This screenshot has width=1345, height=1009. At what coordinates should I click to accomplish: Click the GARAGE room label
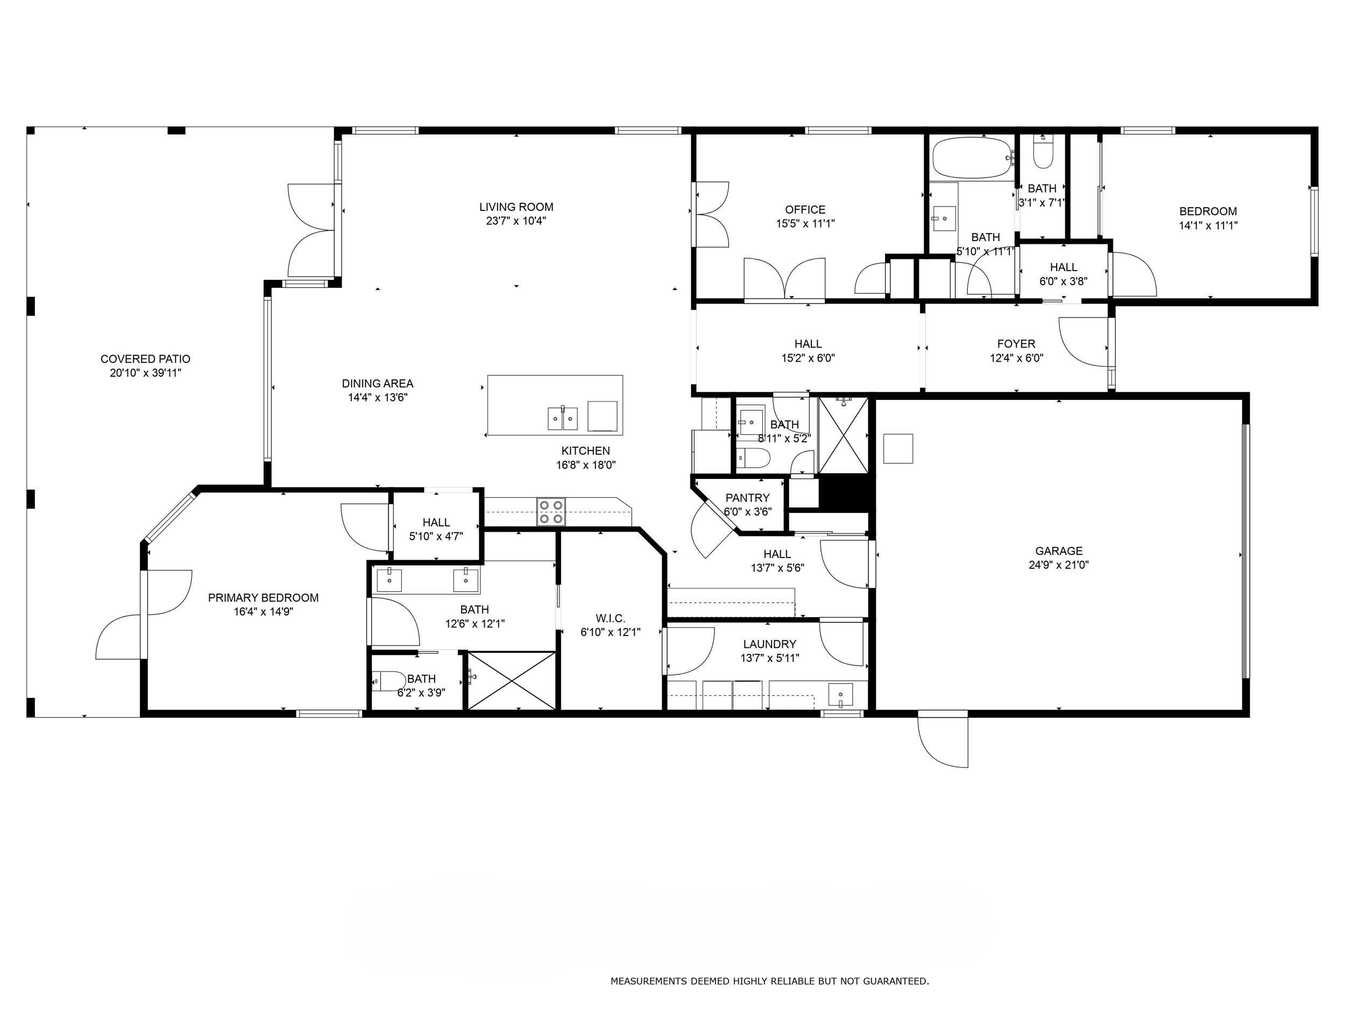tap(1058, 551)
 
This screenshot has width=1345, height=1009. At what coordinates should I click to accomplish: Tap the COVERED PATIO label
tap(145, 359)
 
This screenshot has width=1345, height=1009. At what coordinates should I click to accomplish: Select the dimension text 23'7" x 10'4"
tap(515, 221)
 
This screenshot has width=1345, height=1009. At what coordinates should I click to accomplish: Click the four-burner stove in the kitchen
tap(550, 511)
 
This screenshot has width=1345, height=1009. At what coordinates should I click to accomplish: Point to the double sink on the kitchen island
tap(562, 419)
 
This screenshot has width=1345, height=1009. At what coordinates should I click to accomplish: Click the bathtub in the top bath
tap(972, 158)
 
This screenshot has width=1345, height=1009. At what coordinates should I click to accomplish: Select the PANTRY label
tap(747, 498)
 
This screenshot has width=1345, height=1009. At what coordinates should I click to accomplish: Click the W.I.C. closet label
tap(611, 618)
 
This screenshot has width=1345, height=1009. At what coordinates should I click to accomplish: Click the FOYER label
tap(1016, 344)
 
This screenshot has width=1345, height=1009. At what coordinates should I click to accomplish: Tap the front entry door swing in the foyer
tap(1082, 342)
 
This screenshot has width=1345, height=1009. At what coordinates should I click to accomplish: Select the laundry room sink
tap(840, 694)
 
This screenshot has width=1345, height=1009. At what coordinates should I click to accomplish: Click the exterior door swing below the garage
tap(943, 742)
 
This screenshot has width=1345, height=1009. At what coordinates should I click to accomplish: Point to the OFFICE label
tap(805, 209)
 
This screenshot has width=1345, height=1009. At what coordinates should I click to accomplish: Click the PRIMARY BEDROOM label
tap(263, 597)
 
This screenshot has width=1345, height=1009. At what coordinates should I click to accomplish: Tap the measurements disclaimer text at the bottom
tap(769, 980)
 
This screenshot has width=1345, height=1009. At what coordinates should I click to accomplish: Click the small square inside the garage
tap(897, 448)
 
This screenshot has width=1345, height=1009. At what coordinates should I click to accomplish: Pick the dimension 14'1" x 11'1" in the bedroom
tap(1208, 225)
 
